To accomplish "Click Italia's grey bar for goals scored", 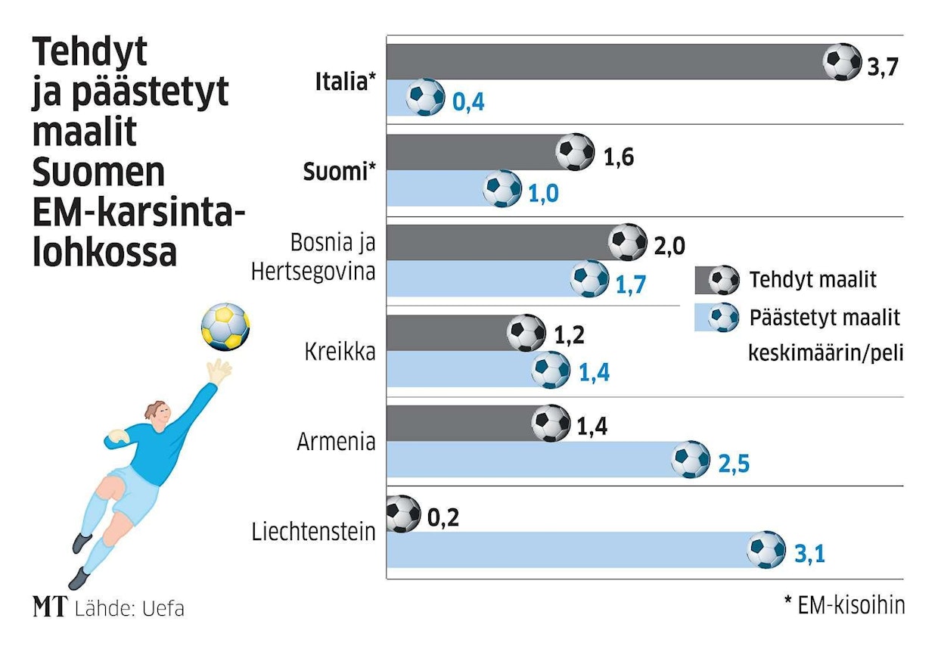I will pyautogui.click(x=605, y=62).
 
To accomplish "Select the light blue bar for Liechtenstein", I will pyautogui.click(x=567, y=550).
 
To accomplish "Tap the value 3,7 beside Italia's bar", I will pyautogui.click(x=883, y=67).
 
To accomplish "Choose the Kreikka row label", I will pyautogui.click(x=340, y=352).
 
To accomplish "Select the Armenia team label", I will pyautogui.click(x=336, y=442).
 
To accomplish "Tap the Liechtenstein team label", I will pyautogui.click(x=313, y=532).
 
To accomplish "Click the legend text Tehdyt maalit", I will pyautogui.click(x=812, y=280).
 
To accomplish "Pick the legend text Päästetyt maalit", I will pyautogui.click(x=825, y=317).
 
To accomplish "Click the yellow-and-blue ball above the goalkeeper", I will pyautogui.click(x=225, y=327).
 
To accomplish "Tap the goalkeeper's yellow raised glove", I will pyautogui.click(x=219, y=371).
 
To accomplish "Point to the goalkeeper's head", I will pyautogui.click(x=156, y=414).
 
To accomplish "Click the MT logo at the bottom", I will pyautogui.click(x=51, y=607).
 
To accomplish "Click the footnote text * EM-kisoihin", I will pyautogui.click(x=843, y=605).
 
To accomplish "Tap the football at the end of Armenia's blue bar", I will pyautogui.click(x=691, y=459).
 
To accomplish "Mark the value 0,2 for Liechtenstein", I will pyautogui.click(x=443, y=518).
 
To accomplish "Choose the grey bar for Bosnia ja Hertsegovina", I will pyautogui.click(x=499, y=242).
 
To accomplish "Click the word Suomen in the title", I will pyautogui.click(x=98, y=173).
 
